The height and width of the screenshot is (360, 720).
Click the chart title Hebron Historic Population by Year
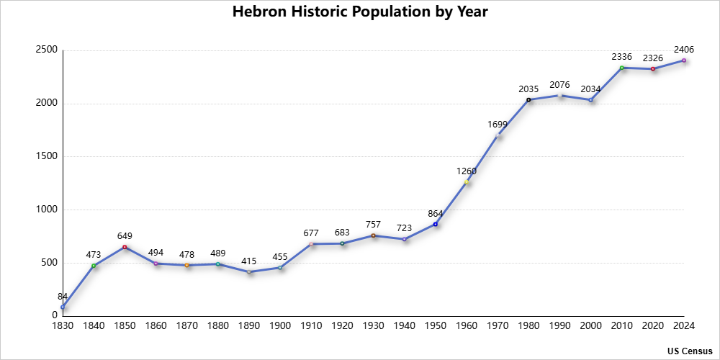360,12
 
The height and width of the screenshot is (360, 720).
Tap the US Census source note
689,351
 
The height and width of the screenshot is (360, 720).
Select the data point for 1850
125,247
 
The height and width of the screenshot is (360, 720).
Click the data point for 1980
528,99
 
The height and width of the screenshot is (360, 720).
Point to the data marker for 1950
436,224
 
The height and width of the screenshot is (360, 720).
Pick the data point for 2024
684,60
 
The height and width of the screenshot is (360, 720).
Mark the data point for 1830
63,307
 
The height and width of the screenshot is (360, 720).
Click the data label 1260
467,171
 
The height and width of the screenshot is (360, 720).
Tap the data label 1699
498,124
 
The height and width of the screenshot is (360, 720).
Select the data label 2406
684,49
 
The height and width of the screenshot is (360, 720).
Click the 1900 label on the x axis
280,325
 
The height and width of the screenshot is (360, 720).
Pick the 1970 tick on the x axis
498,325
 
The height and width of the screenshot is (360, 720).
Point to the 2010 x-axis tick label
622,325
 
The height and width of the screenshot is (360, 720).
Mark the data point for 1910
311,244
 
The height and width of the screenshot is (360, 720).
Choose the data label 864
436,213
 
